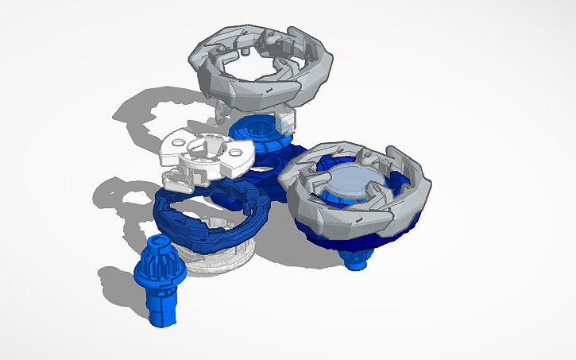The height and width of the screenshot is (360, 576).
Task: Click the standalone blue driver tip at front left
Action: [x=163, y=282]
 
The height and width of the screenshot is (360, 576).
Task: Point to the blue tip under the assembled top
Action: [x=357, y=258]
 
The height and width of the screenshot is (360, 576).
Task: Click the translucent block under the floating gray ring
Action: [x=288, y=119]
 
